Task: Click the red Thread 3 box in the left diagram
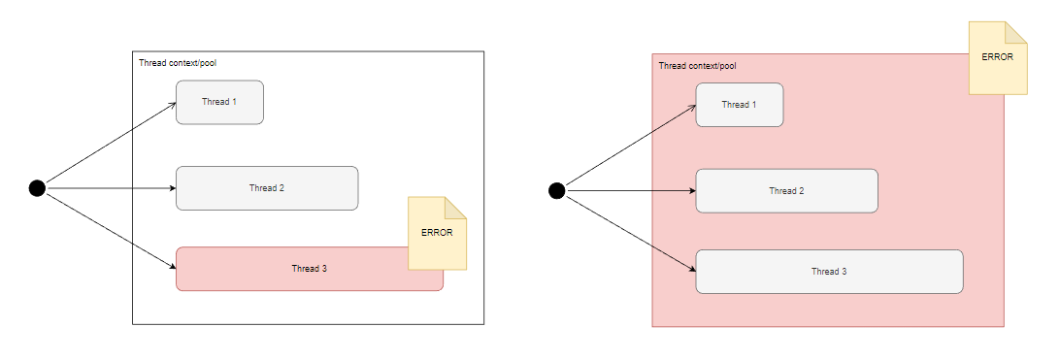(x=291, y=269)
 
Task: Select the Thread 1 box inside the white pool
(x=219, y=102)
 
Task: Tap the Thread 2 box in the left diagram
(x=267, y=188)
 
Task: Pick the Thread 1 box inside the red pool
(x=739, y=105)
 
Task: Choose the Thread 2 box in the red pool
(x=786, y=191)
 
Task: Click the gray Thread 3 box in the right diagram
(x=829, y=272)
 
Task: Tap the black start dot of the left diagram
(x=37, y=188)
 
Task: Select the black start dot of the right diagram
(x=556, y=191)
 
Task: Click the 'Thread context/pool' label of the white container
(x=177, y=63)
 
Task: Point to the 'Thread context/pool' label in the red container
(x=697, y=66)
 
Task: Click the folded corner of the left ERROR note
(x=455, y=208)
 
